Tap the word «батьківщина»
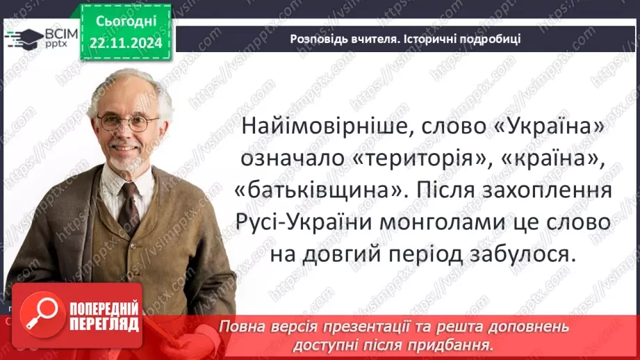315,190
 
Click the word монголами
459,222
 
